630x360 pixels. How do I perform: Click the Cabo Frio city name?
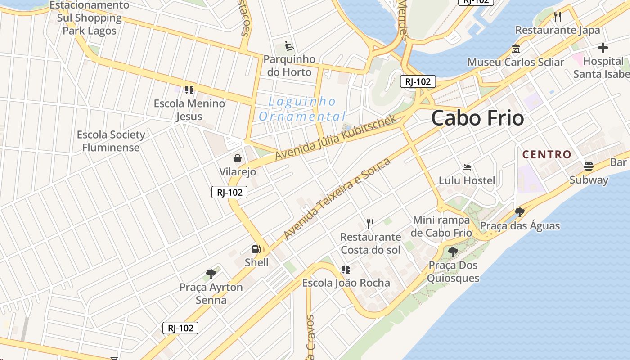477,118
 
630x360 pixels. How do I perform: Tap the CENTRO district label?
547,154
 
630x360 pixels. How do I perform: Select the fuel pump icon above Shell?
256,249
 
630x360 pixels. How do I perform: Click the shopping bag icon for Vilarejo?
237,158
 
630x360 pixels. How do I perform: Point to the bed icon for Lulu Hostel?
467,167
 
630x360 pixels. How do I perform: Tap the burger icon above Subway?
588,166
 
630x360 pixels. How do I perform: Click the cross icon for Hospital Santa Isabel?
603,48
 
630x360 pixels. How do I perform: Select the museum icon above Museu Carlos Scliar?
516,49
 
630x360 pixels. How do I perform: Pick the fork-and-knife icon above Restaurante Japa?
558,17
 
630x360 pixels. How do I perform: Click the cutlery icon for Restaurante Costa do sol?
370,223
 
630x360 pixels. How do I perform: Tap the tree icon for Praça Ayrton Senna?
211,274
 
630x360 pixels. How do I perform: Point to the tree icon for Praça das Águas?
520,212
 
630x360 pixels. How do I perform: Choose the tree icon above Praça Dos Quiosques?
453,252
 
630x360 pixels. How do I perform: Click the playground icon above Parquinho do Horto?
289,46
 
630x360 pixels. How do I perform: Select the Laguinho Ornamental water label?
302,109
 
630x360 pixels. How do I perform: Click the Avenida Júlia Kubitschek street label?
336,137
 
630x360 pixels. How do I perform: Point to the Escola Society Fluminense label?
111,141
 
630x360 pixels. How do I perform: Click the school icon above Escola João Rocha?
346,270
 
